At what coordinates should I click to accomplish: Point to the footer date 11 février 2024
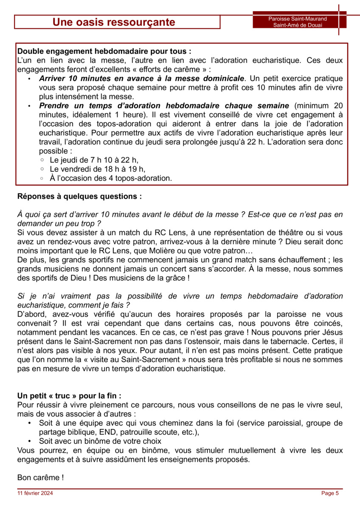click(x=35, y=493)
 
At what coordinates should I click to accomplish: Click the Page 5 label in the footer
click(x=330, y=493)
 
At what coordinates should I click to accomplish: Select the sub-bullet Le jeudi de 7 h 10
click(x=94, y=160)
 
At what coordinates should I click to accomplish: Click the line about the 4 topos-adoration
click(x=111, y=178)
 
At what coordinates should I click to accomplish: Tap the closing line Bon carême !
click(x=40, y=478)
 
